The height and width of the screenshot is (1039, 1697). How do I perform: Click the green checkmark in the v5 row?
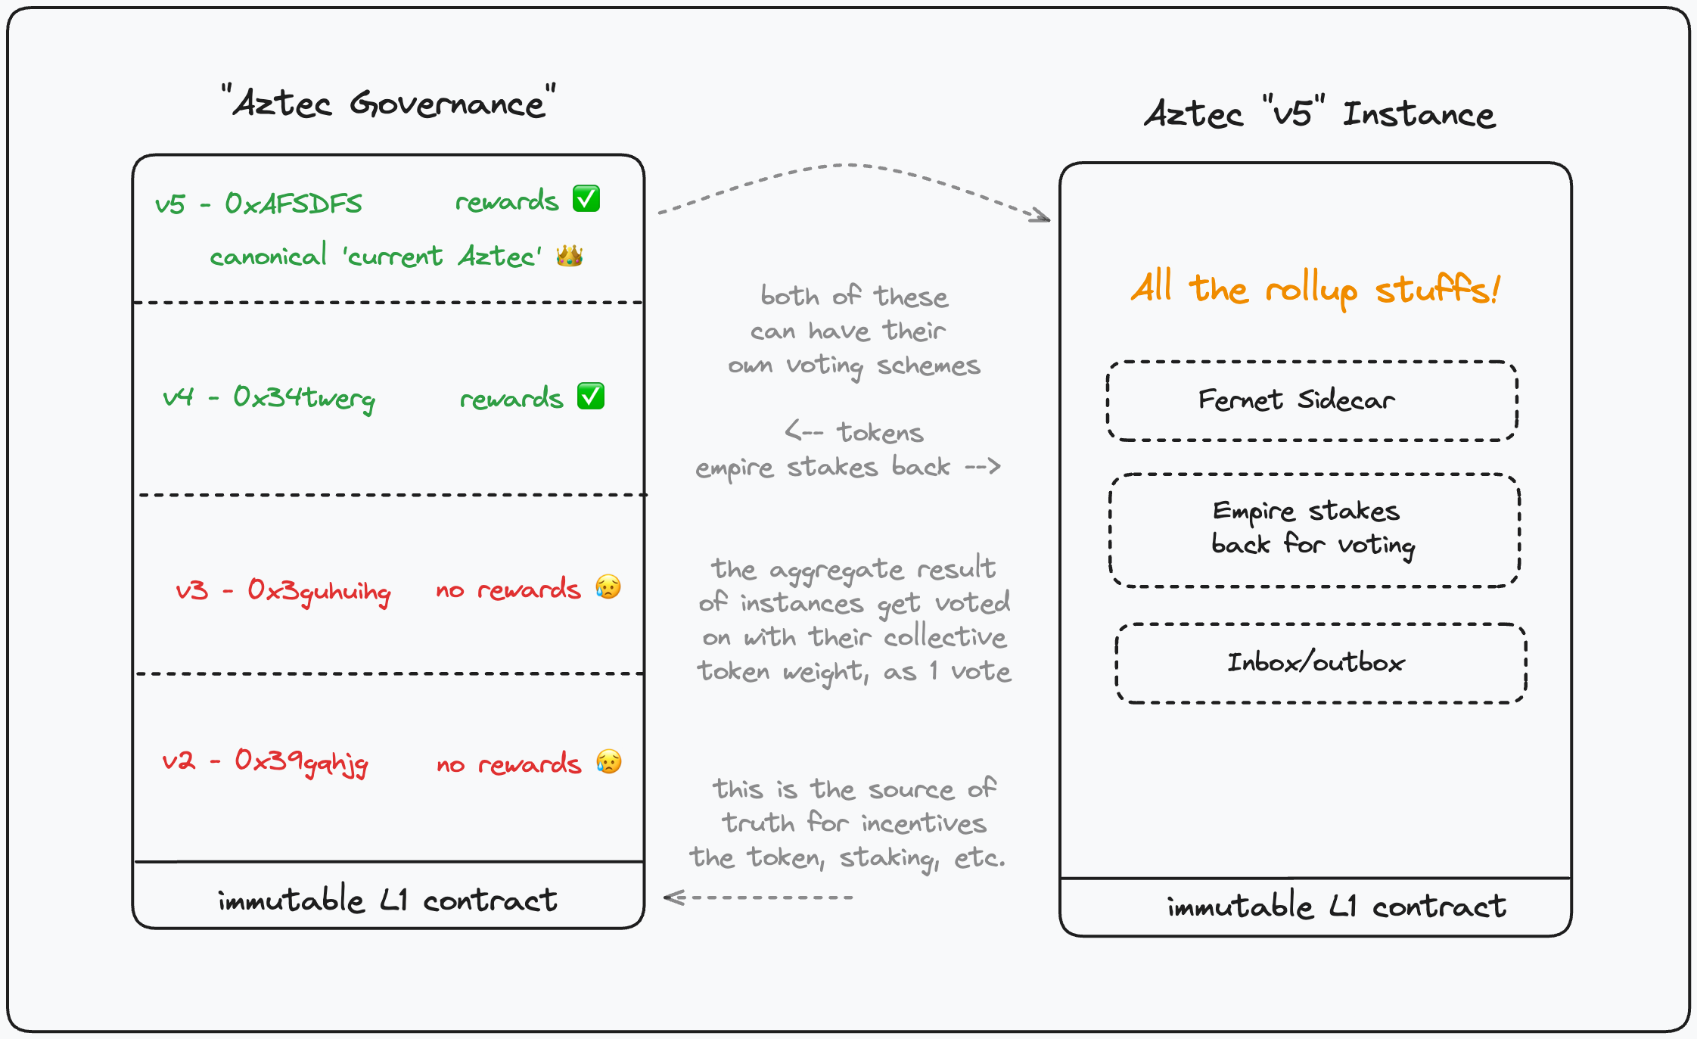click(x=586, y=199)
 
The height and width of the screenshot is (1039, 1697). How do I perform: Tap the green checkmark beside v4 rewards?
click(x=591, y=396)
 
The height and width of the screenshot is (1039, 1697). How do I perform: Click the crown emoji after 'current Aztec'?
click(x=570, y=256)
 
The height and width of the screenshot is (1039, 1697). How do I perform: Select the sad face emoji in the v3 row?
click(x=608, y=587)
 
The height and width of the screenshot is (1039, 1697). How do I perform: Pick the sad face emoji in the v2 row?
click(x=608, y=761)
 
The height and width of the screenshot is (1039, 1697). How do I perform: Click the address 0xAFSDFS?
click(x=294, y=204)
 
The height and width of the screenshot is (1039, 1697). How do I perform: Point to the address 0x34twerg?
click(x=304, y=397)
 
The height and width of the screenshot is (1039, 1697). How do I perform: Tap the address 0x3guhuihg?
click(x=319, y=591)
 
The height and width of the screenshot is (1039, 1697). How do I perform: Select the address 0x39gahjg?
click(x=301, y=761)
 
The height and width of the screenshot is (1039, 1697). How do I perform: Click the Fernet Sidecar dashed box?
click(x=1312, y=401)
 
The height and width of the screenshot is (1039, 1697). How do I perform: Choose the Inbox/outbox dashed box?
click(x=1320, y=664)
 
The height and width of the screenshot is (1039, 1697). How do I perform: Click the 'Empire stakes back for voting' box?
click(x=1313, y=530)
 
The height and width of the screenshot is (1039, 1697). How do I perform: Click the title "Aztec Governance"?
click(x=389, y=103)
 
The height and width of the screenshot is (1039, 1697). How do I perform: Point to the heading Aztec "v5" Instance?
click(x=1319, y=114)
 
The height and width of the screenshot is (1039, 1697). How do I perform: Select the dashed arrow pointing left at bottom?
click(x=757, y=897)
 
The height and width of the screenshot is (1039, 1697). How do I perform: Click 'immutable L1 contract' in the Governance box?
click(x=387, y=901)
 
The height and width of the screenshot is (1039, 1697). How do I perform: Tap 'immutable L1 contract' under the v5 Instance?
click(x=1336, y=907)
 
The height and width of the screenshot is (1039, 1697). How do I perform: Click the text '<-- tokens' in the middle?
click(x=854, y=433)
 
